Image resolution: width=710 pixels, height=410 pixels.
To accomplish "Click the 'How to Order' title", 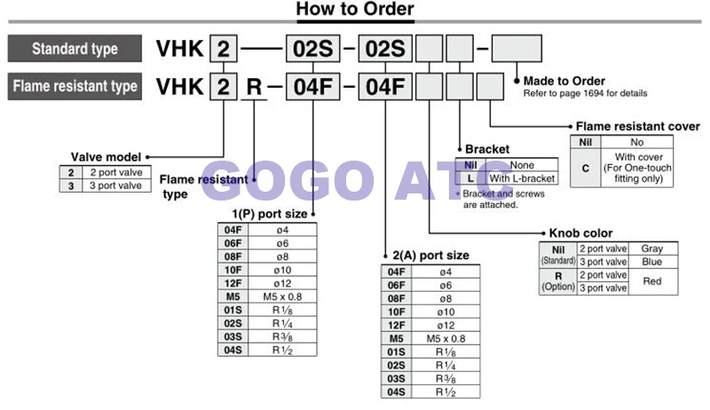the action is [354, 9].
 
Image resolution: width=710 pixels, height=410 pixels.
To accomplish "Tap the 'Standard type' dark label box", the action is [75, 49].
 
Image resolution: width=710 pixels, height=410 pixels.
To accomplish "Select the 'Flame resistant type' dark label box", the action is [75, 86].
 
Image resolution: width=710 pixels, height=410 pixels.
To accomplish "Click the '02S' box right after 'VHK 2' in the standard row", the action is [313, 49].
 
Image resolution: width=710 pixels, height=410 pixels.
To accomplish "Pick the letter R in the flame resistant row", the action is [254, 86].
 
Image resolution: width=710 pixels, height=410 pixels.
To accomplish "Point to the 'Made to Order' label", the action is [564, 81].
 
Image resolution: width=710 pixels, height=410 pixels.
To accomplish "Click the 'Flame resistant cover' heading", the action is [637, 126].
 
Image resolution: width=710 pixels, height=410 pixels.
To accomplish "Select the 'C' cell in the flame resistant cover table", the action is [586, 168].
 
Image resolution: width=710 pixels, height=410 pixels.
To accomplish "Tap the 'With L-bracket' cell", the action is [522, 178].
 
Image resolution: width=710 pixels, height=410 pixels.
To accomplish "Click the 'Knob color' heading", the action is [580, 233].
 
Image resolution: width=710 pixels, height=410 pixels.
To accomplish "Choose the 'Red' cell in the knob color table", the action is [652, 281].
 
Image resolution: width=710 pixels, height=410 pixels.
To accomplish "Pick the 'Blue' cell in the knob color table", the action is [652, 262].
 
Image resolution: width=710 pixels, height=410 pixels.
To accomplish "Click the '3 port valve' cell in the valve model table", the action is [116, 185].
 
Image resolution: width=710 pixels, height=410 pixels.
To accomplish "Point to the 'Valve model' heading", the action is [106, 157].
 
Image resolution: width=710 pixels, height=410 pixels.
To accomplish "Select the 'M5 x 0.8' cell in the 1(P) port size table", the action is [282, 297].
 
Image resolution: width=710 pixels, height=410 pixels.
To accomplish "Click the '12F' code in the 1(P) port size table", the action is [233, 283].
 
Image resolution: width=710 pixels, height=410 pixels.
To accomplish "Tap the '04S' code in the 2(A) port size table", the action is [396, 392].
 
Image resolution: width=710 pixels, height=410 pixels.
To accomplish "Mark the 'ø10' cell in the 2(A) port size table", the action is [446, 311].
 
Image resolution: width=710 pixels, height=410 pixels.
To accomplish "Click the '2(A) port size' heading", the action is [430, 256].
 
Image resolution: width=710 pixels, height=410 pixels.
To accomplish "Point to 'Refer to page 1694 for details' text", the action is [585, 93].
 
